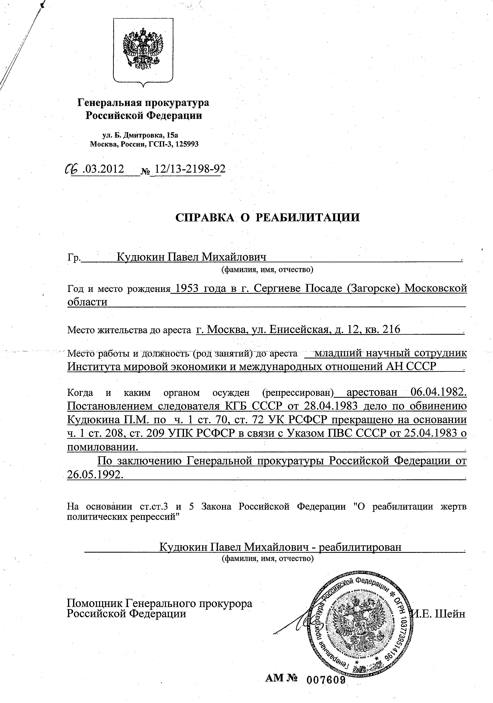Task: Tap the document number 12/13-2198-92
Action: point(190,169)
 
